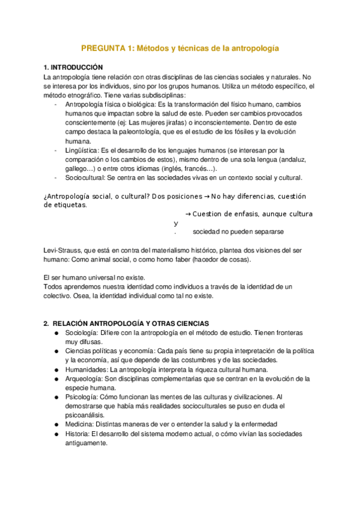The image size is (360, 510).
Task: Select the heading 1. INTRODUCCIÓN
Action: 74,67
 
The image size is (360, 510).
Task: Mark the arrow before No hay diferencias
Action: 206,196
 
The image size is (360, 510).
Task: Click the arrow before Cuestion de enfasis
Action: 188,214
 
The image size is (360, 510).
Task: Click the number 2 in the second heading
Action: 46,323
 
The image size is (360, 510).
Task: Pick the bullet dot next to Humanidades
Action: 55,370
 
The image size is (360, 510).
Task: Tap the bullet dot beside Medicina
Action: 55,425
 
